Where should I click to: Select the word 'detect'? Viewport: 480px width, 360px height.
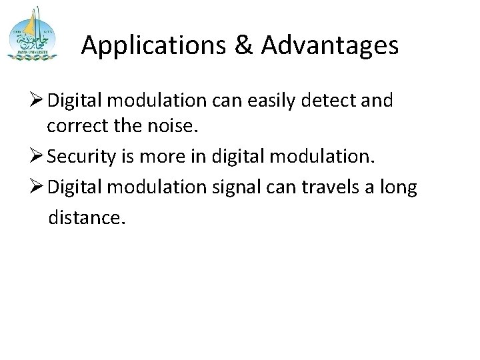click(x=329, y=101)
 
